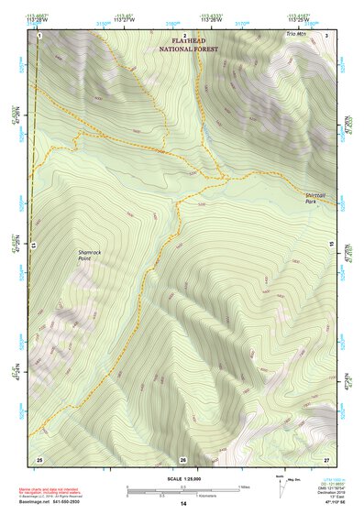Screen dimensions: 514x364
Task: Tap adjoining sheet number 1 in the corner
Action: coord(40,35)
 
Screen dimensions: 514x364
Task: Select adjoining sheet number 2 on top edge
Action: coord(184,35)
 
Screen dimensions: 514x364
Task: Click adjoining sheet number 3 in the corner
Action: coord(327,35)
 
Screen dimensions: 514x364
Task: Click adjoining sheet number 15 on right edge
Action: coord(329,246)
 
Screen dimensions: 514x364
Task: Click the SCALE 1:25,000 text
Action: coord(182,478)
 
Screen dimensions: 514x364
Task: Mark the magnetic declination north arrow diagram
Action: coord(281,482)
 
